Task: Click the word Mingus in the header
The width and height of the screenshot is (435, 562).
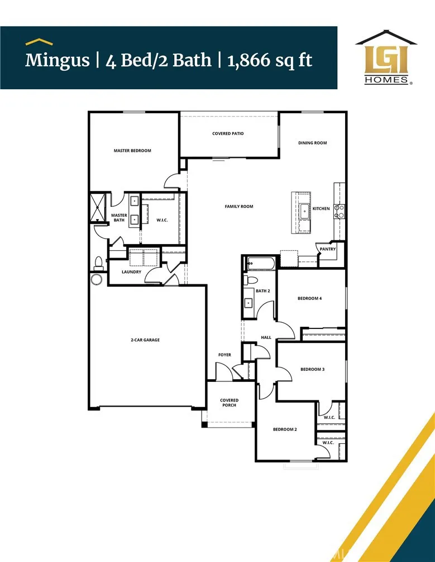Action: pos(57,60)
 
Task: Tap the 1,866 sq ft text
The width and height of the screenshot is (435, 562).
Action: pos(270,60)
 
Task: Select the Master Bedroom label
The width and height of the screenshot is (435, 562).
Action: pos(132,151)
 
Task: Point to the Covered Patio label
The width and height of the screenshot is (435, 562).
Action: pos(228,134)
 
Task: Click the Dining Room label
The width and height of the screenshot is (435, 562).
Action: pos(312,143)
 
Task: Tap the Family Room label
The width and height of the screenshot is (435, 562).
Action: pos(239,206)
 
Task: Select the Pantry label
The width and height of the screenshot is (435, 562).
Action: pos(328,249)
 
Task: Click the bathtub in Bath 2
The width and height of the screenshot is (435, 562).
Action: pos(260,263)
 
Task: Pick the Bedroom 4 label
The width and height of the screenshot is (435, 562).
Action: pos(309,298)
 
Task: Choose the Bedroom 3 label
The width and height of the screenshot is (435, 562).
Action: pos(312,369)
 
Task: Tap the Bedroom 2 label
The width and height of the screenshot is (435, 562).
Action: pos(284,429)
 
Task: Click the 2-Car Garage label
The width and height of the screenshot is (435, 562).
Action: pos(145,340)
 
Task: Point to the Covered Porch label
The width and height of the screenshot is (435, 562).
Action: pos(229,403)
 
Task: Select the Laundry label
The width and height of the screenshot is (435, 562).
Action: pos(132,272)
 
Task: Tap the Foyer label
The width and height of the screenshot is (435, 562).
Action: pos(224,355)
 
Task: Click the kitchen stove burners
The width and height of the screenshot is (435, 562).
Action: pos(338,211)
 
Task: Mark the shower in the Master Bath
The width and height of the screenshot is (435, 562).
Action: pos(98,207)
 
